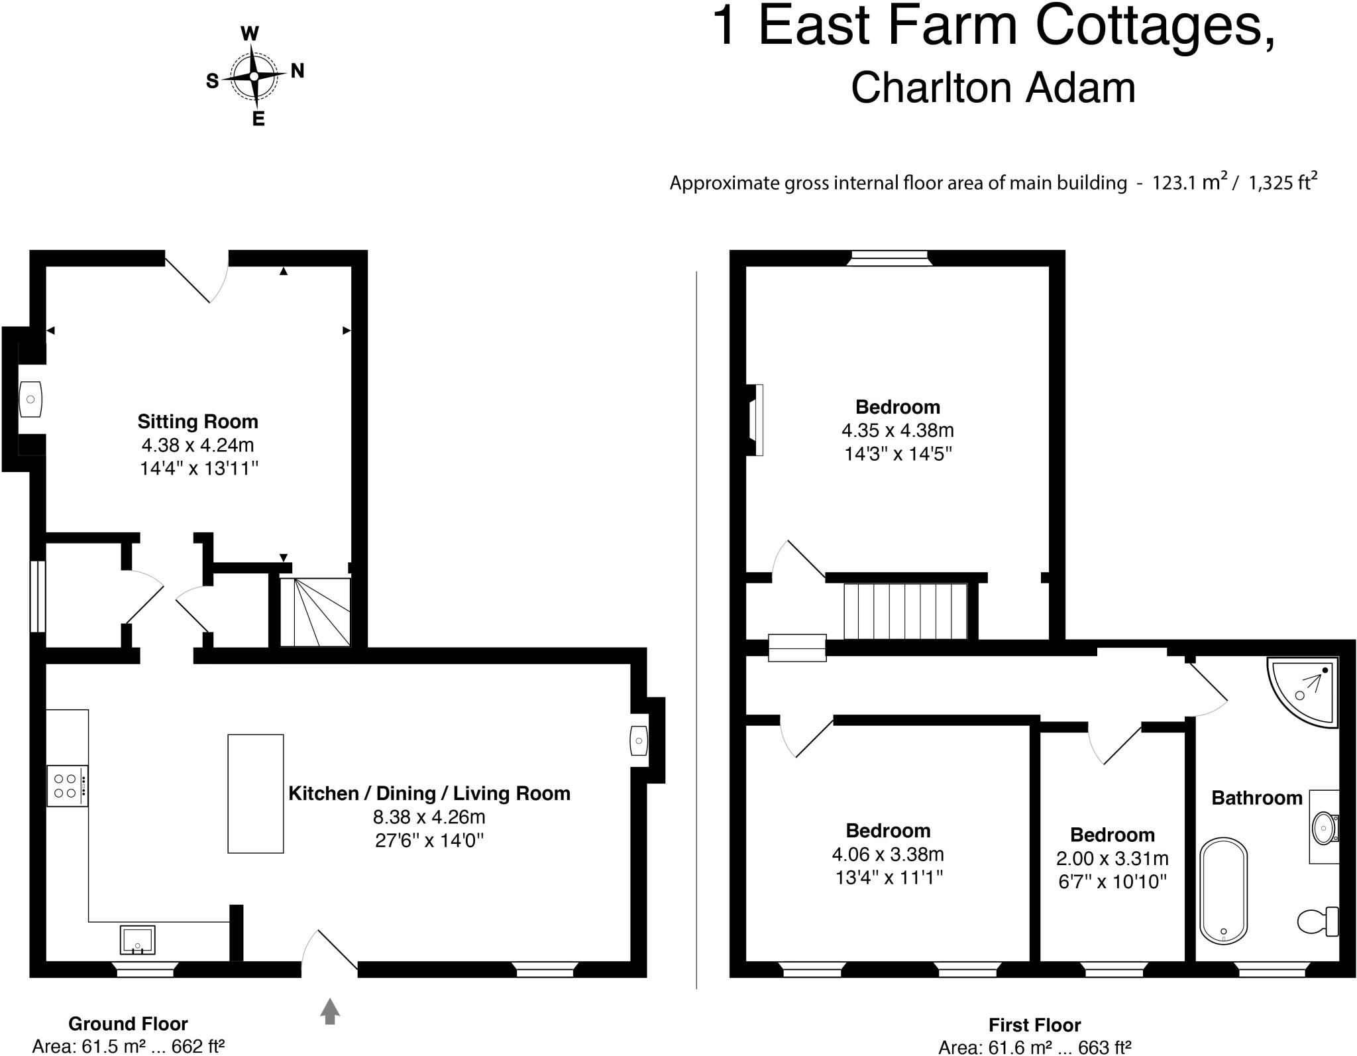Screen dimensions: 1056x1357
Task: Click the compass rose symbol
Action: (254, 76)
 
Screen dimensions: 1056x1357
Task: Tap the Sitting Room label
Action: (197, 422)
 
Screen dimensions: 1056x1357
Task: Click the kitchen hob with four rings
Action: (67, 786)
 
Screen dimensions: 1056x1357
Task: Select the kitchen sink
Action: (137, 939)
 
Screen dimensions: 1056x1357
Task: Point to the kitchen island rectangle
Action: (255, 793)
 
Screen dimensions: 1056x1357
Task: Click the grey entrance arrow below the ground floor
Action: (330, 1011)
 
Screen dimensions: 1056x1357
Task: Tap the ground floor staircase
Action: (315, 612)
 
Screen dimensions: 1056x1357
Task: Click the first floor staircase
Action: (904, 611)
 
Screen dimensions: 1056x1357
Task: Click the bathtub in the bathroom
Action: (1223, 890)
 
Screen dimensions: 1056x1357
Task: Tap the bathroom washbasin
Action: (1324, 828)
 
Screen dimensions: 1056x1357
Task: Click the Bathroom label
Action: (1256, 797)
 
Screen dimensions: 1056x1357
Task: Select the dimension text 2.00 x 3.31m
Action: (1112, 858)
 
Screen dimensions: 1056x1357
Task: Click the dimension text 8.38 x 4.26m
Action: (429, 817)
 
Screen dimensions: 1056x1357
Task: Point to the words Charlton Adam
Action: (993, 88)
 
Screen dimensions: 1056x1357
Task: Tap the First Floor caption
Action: (1034, 1025)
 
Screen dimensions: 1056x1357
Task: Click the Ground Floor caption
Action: (128, 1024)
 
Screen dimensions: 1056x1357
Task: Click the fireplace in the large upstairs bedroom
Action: (755, 420)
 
